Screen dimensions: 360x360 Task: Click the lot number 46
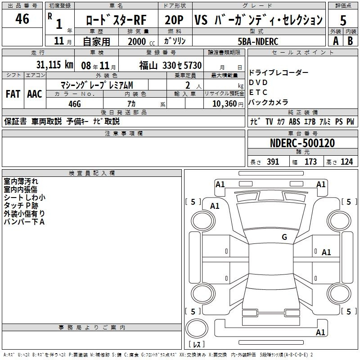click(22, 18)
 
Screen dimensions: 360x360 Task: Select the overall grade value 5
click(343, 20)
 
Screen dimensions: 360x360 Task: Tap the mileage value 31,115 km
click(54, 64)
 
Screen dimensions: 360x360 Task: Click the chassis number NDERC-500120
click(302, 143)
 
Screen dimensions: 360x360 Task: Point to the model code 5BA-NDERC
click(258, 41)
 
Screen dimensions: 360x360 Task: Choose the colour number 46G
click(75, 104)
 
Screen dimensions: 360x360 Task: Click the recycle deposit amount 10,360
click(225, 103)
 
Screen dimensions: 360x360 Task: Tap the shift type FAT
click(13, 94)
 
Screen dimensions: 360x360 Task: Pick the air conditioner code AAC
click(35, 94)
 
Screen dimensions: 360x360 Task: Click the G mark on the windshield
click(284, 237)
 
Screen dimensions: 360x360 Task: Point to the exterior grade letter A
click(336, 41)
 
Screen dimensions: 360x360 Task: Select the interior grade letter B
click(350, 41)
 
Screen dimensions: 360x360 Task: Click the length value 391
click(273, 162)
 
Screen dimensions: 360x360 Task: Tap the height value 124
click(346, 162)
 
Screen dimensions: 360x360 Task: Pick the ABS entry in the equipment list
click(294, 121)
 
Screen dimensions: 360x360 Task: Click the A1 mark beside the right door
click(326, 252)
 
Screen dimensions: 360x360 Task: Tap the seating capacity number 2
click(188, 85)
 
